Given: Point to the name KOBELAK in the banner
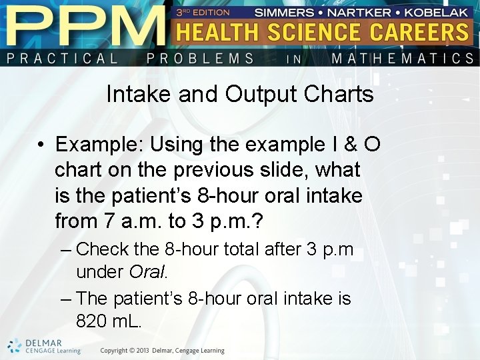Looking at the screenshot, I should [x=436, y=12].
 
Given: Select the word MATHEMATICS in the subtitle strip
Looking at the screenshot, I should [x=403, y=58].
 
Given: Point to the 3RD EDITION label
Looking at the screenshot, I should [x=203, y=12].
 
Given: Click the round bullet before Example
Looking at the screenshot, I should [x=41, y=145].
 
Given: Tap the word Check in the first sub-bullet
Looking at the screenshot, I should [x=103, y=251].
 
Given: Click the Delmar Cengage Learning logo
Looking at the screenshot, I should [x=44, y=346].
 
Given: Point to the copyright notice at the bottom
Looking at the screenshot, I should [x=163, y=351].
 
